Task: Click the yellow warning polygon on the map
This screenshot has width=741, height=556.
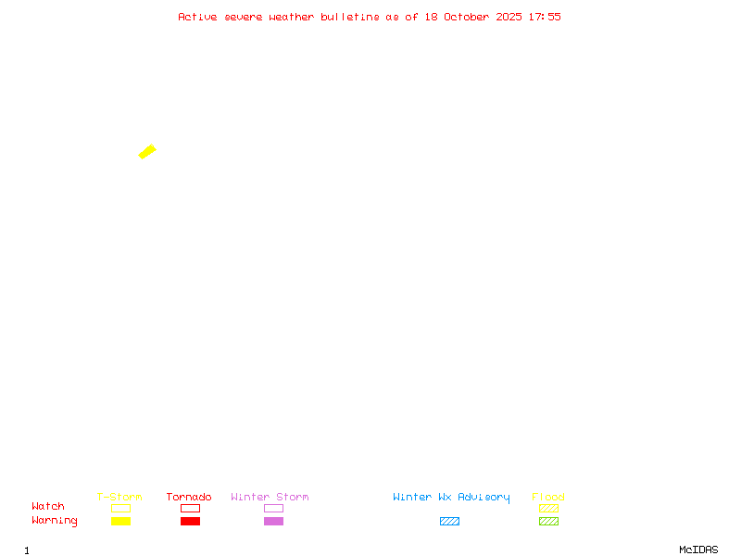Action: (147, 152)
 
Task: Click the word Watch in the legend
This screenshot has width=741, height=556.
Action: (48, 506)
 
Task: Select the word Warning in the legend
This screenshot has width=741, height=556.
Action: (55, 521)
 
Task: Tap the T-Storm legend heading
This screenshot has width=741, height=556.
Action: (119, 497)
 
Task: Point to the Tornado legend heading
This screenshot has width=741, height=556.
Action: (189, 497)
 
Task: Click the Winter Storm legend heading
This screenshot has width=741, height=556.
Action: (270, 497)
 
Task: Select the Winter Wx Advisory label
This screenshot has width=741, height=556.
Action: (451, 498)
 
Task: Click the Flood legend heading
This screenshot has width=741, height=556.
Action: (548, 497)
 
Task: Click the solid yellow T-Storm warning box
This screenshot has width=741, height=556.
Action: (121, 521)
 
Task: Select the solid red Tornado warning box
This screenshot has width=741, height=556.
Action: (191, 521)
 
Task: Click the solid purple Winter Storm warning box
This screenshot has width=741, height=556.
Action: (273, 521)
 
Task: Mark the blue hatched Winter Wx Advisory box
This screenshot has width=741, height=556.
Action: (449, 521)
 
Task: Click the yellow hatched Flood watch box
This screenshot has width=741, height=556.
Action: (548, 508)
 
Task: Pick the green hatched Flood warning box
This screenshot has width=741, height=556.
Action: (548, 521)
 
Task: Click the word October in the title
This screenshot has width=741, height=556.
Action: (467, 17)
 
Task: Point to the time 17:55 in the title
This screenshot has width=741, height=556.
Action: (545, 17)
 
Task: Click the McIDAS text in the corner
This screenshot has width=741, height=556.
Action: (698, 550)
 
